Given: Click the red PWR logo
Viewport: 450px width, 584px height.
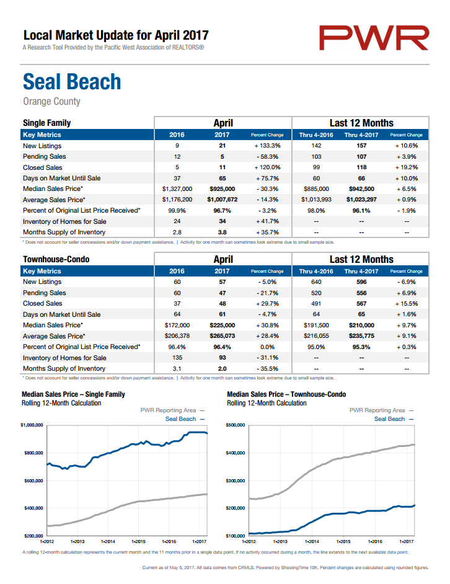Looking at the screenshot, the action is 374,38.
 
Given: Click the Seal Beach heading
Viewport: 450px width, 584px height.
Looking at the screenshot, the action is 72,82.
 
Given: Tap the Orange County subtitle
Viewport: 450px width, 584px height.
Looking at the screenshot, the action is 52,101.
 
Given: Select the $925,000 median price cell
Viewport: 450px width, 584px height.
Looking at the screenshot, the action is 223,189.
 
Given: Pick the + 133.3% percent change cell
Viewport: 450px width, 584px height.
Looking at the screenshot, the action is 268,146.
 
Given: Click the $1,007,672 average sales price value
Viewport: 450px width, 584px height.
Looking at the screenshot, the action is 223,200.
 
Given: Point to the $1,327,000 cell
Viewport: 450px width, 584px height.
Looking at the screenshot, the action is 177,189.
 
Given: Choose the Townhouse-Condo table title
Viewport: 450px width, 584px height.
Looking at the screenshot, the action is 56,259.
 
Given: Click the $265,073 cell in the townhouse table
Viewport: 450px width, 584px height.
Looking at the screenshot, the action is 223,336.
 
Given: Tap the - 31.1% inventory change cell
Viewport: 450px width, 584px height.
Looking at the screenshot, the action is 268,358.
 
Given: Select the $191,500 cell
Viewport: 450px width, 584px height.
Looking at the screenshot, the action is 316,325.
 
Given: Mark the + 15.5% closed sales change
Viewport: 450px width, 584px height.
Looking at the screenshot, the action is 407,304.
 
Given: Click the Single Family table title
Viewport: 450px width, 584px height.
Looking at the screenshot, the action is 47,123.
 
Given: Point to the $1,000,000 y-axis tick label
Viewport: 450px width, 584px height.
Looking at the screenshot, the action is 32,425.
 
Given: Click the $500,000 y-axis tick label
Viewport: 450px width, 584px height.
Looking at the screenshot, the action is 236,425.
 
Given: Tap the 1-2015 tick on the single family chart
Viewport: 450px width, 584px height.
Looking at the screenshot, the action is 139,542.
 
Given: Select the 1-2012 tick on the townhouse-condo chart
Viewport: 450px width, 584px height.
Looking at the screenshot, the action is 249,542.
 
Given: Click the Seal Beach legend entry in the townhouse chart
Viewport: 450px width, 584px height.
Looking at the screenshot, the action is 394,419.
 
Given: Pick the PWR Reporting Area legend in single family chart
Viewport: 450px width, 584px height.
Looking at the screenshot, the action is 172,410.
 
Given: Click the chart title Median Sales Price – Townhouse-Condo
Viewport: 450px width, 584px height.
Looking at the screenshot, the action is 286,394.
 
